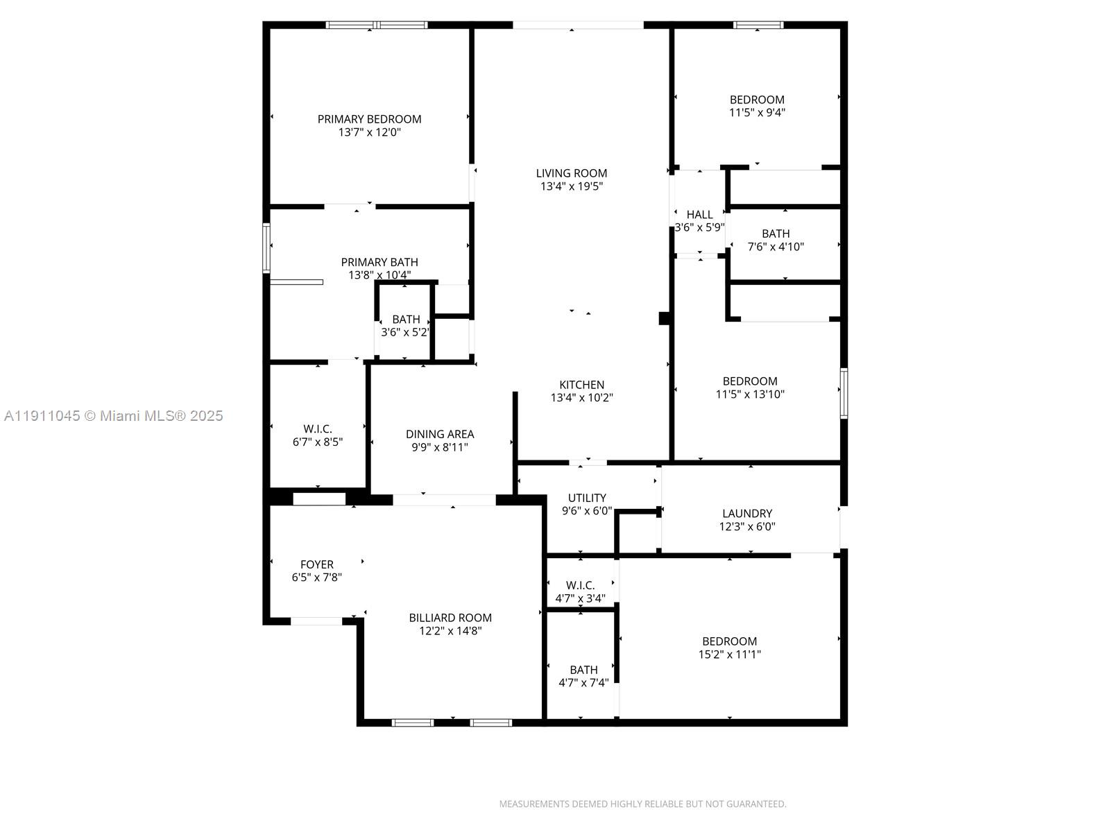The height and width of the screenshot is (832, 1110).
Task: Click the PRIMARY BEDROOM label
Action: (369, 119)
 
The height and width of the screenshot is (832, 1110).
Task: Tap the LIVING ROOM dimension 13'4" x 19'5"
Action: (572, 187)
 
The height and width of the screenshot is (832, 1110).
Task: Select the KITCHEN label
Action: (581, 385)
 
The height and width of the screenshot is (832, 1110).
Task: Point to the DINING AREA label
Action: (440, 434)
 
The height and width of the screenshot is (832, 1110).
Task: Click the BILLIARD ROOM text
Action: (450, 618)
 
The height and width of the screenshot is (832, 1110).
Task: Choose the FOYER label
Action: (317, 564)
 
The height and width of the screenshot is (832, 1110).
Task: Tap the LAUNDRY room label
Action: (746, 513)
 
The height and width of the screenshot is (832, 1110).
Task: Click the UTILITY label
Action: (587, 498)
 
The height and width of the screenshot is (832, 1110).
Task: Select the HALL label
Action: (699, 214)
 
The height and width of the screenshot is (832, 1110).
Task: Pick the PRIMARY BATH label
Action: (379, 262)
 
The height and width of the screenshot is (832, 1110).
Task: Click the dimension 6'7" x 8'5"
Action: (318, 442)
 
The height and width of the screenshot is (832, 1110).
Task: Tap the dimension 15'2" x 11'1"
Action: (729, 654)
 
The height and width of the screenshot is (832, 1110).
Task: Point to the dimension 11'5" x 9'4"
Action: (757, 112)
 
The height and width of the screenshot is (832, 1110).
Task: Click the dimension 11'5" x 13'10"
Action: (750, 395)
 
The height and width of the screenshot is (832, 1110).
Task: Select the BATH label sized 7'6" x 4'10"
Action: (776, 234)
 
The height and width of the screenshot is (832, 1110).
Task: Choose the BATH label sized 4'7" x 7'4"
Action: (583, 670)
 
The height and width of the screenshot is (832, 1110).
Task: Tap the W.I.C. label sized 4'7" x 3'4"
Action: (580, 585)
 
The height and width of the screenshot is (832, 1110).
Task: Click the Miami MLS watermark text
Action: (113, 416)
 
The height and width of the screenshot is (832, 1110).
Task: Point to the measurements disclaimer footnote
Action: (642, 804)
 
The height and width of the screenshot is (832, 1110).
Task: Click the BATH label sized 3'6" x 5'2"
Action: (406, 320)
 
